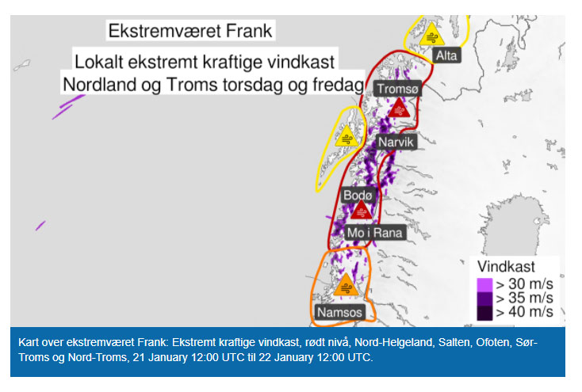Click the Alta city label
446,55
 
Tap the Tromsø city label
397,89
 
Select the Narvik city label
396,142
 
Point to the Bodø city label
358,195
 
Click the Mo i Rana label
375,233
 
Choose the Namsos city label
339,312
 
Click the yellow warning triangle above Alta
431,35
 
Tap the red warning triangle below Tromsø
399,108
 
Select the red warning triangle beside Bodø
361,210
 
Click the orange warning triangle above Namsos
346,285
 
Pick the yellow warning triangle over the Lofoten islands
347,136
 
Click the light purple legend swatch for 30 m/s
484,285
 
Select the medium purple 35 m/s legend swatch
484,299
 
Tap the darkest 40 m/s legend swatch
484,313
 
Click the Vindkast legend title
506,266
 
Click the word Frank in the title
249,30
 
